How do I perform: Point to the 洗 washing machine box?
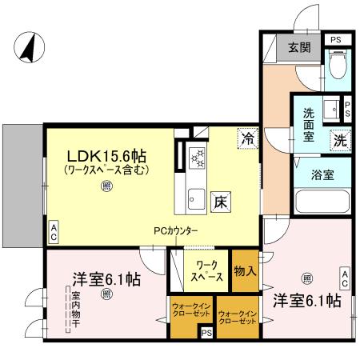pyautogui.click(x=340, y=138)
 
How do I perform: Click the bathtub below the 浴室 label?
pyautogui.click(x=322, y=201)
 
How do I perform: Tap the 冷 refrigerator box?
pyautogui.click(x=247, y=137)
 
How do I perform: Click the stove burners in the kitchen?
pyautogui.click(x=197, y=158)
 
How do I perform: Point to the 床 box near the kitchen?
pyautogui.click(x=220, y=202)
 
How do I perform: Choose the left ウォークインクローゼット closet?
pyautogui.click(x=189, y=311)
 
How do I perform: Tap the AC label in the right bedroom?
pyautogui.click(x=345, y=278)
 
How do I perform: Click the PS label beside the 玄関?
pyautogui.click(x=335, y=39)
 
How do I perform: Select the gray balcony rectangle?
pyautogui.click(x=22, y=186)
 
